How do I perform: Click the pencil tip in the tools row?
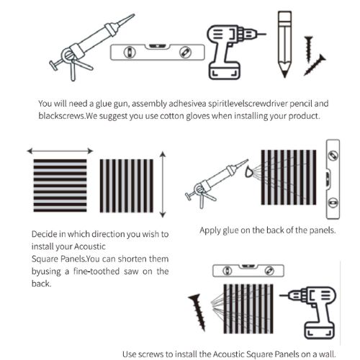tap(284, 76)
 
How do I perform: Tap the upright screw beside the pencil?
tap(309, 49)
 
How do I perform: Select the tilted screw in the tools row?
tap(315, 65)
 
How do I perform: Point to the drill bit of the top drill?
tap(260, 34)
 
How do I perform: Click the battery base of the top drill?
tap(225, 71)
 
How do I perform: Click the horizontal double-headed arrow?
tap(60, 151)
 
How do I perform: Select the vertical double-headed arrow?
tap(163, 184)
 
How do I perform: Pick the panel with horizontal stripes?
tap(60, 186)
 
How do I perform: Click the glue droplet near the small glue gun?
tap(249, 172)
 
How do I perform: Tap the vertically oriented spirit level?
tap(333, 179)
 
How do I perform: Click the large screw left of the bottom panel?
tap(198, 312)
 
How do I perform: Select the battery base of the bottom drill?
tap(320, 330)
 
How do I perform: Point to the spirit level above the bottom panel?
tap(248, 271)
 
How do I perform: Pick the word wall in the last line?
tap(327, 354)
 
